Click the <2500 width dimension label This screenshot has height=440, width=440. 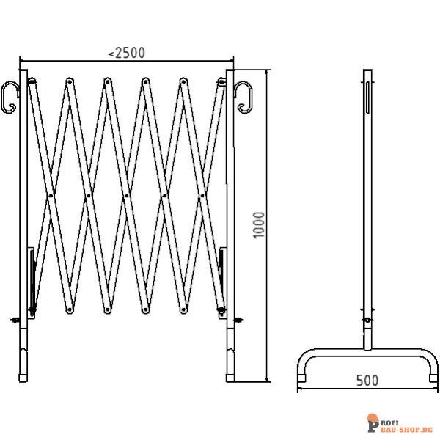click(127, 53)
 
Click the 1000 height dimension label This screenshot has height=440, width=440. click(258, 225)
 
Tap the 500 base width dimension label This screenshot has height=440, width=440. click(367, 381)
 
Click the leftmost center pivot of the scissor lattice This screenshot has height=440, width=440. click(51, 195)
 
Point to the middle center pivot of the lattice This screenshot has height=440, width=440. click(127, 195)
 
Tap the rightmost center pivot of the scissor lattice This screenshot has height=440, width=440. click(202, 195)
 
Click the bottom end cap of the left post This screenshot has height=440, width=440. click(23, 378)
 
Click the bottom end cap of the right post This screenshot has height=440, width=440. click(230, 378)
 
